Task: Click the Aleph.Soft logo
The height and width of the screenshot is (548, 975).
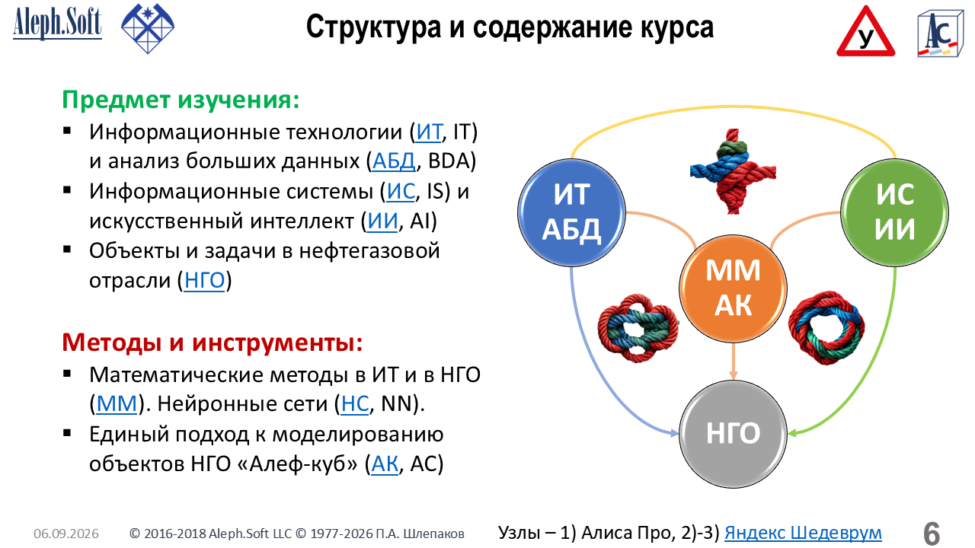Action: tap(57, 23)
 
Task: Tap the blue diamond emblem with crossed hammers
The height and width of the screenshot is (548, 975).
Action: tap(148, 28)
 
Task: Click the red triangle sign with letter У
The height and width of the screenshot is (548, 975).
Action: tap(865, 32)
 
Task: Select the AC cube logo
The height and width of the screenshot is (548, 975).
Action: tap(940, 34)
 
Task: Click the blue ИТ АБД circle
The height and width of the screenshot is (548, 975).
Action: tap(571, 212)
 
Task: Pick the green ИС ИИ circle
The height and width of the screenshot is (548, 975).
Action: tap(894, 212)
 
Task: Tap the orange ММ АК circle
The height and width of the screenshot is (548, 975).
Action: tap(733, 288)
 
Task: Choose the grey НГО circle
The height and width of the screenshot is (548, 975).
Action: tap(733, 434)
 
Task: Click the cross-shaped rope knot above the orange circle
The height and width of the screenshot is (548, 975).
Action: tap(733, 171)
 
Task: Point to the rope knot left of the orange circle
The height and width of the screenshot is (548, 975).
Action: tap(638, 328)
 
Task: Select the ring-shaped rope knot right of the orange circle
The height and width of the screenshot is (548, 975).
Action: tap(826, 328)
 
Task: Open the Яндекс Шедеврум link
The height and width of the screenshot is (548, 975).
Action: tap(803, 533)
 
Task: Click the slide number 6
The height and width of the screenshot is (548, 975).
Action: tap(932, 534)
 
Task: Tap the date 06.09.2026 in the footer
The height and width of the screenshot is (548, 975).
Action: tap(66, 534)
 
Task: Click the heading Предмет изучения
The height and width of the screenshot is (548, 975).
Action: tap(181, 100)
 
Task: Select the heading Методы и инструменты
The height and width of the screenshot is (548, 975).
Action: tap(213, 342)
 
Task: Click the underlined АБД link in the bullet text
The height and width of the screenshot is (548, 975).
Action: tap(394, 161)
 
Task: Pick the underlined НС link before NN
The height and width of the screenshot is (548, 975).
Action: tap(355, 403)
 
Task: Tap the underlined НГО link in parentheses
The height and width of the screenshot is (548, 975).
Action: tap(205, 280)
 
